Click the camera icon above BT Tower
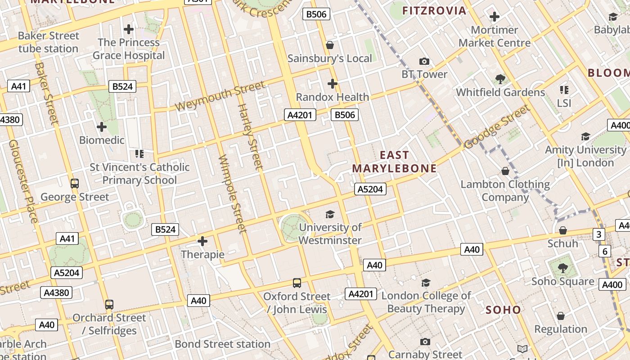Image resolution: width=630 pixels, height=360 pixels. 424,61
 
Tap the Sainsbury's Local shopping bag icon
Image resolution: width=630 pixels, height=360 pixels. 330,45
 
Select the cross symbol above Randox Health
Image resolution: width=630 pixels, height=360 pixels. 332,84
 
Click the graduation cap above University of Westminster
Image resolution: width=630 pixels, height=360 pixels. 330,214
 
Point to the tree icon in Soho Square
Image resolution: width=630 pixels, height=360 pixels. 562,268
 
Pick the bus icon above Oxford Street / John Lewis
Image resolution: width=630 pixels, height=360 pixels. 297,283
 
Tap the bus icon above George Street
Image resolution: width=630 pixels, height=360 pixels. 75,184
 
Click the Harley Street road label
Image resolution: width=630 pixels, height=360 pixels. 250,137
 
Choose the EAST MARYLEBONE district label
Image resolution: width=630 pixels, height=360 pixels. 394,162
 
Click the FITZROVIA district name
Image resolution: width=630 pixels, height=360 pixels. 434,11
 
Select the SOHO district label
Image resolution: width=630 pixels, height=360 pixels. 503,310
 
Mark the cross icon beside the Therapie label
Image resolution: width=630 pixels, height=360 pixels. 202,241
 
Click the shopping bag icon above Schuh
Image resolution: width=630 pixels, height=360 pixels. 562,230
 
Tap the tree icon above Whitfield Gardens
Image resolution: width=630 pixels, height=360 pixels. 500,79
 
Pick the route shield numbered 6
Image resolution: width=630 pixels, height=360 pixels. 604,251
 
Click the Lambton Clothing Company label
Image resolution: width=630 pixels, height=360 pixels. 505,191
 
